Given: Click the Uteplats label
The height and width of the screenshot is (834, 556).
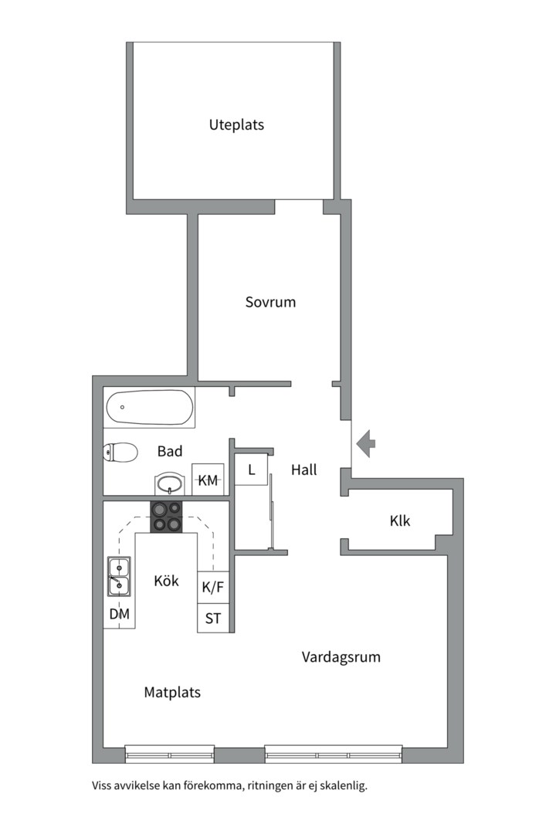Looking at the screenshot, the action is [x=236, y=125].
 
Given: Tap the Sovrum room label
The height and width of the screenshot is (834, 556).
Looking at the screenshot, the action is [x=270, y=302].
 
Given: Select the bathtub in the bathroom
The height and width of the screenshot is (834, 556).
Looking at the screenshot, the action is [x=149, y=408].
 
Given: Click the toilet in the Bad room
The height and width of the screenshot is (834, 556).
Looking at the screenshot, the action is [x=120, y=453].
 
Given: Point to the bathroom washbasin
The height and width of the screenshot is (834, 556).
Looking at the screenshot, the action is [x=170, y=483].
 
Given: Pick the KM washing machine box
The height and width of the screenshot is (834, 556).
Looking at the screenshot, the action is [x=208, y=480].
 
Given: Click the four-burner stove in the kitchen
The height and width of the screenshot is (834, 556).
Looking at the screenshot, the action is [x=166, y=517].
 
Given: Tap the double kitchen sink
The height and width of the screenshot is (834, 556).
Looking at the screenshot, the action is [x=119, y=576].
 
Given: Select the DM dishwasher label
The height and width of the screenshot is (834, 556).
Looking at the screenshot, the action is [x=119, y=615].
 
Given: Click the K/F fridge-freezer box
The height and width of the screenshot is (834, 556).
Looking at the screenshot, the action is [x=213, y=587].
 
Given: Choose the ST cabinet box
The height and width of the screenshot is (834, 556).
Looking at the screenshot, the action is [x=213, y=618].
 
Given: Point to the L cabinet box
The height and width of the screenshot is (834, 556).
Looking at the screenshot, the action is [x=251, y=470].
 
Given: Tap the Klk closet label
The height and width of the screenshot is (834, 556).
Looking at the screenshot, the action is [x=399, y=520].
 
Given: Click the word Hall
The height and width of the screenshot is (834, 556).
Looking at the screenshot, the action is [x=303, y=470].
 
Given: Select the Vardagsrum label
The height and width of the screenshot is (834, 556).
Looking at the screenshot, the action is [x=341, y=657].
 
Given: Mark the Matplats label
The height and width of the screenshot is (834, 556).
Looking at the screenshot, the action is [x=172, y=693].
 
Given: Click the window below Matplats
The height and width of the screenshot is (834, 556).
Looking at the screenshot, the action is [x=170, y=754].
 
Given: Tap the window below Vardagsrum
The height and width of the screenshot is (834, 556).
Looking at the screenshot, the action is [x=333, y=754].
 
